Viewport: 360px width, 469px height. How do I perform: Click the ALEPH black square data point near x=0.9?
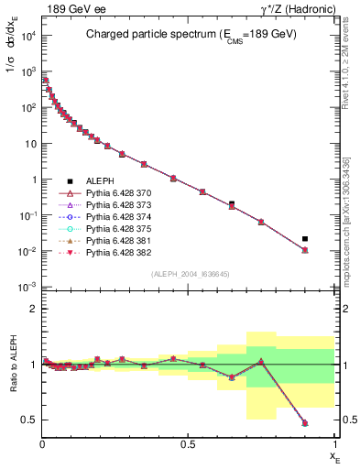[305, 239]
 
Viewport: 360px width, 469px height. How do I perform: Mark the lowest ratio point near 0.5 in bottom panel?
[305, 423]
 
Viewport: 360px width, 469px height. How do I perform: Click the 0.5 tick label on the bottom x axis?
[189, 444]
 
